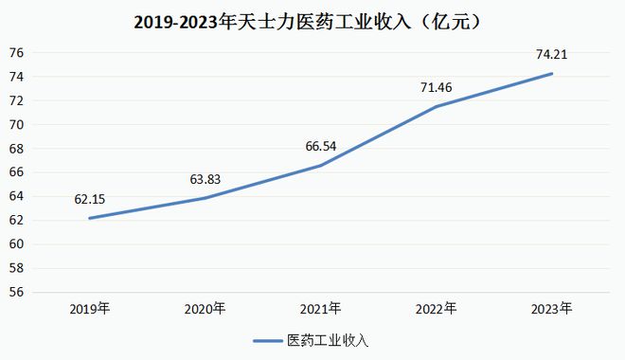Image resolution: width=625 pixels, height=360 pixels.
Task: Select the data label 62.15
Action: click(x=90, y=200)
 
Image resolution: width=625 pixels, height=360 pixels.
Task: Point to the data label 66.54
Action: click(x=321, y=146)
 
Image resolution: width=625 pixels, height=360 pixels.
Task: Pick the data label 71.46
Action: click(x=437, y=88)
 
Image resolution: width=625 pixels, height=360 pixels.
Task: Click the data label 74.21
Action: click(x=553, y=54)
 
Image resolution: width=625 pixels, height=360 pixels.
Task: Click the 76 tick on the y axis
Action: click(x=16, y=52)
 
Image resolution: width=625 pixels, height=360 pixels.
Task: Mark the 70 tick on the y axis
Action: click(x=16, y=124)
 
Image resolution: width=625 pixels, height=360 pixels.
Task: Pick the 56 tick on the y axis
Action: click(x=16, y=292)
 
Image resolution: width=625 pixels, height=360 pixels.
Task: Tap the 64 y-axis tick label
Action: click(x=16, y=196)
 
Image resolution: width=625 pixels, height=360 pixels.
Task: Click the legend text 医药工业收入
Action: click(x=329, y=339)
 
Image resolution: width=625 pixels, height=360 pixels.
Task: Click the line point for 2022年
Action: click(x=437, y=106)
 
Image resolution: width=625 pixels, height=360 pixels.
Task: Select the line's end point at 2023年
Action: click(x=553, y=73)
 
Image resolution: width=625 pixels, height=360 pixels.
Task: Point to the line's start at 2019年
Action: click(x=90, y=218)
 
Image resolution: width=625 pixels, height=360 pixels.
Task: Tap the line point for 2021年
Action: click(x=321, y=166)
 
